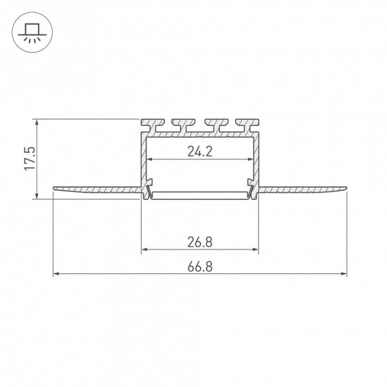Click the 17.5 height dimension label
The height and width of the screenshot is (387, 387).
click(30, 158)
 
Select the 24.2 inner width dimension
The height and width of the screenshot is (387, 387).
click(200, 152)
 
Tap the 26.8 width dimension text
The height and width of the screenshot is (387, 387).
click(200, 242)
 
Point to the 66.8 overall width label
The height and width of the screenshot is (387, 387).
click(200, 267)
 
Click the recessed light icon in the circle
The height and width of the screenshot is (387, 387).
click(32, 33)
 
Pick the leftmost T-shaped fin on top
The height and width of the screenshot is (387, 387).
click(153, 125)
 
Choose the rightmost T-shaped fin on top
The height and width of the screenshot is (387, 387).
click(247, 125)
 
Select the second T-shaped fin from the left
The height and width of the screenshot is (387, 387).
click(184, 125)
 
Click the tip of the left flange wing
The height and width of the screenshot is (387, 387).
click(54, 188)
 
